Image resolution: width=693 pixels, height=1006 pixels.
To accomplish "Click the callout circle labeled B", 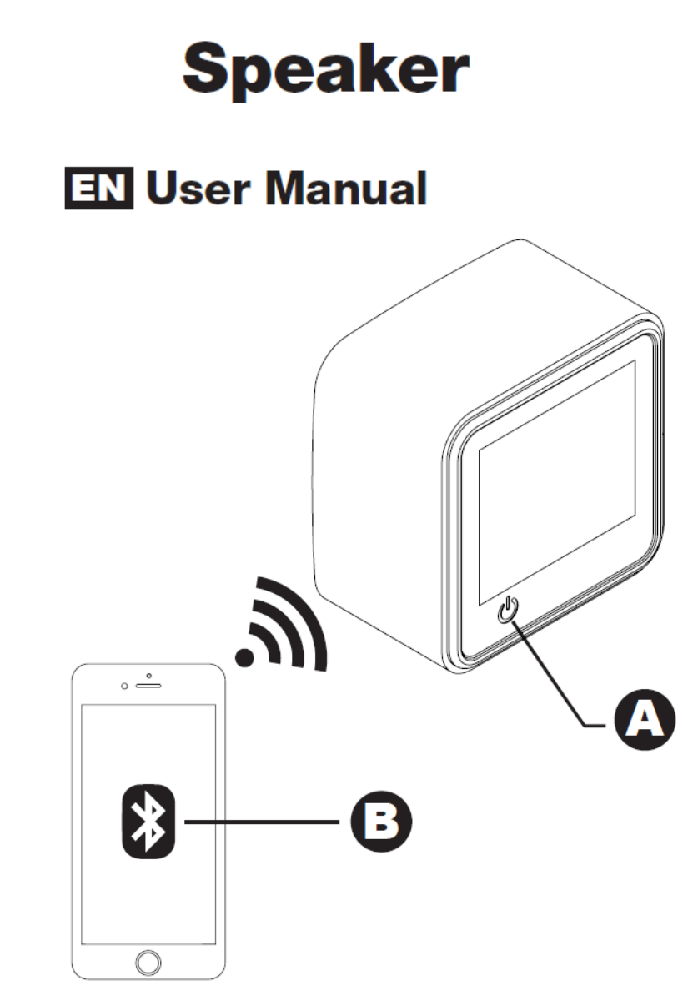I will (x=380, y=822).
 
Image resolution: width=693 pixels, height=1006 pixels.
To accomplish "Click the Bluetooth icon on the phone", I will (x=148, y=822).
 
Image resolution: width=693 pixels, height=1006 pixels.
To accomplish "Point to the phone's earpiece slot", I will (x=148, y=687).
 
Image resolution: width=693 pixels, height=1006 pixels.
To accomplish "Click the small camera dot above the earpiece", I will (x=148, y=674).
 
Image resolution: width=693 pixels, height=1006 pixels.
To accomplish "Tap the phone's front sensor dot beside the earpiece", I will (x=124, y=687).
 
